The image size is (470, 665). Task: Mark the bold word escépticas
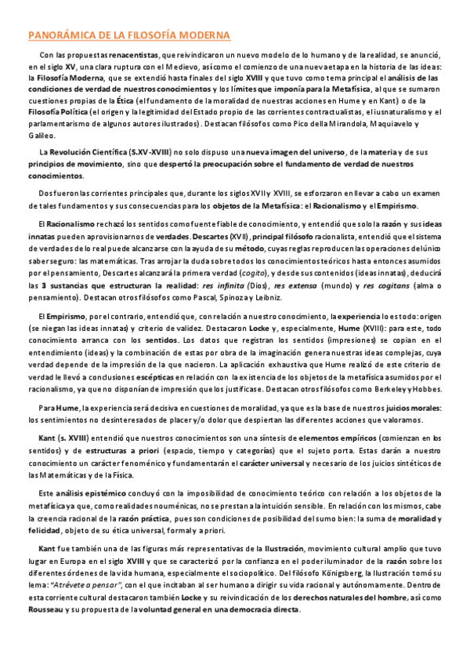159,376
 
